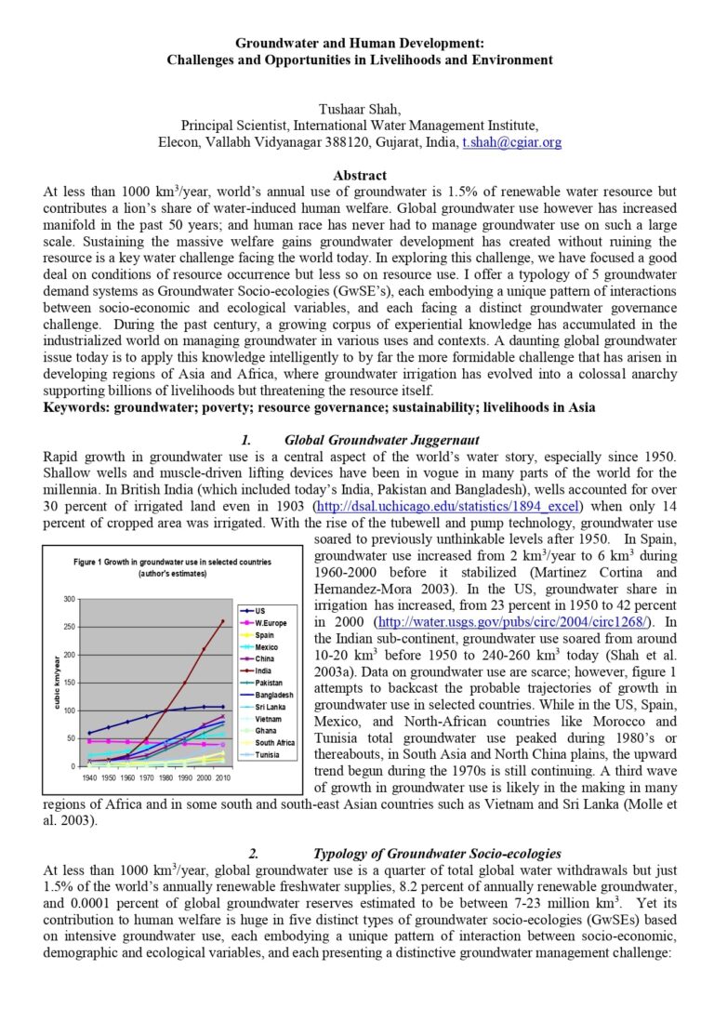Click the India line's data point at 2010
click(223, 621)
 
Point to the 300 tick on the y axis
click(69, 598)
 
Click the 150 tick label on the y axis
click(69, 683)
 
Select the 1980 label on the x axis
click(166, 776)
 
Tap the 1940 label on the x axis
click(89, 776)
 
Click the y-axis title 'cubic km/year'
click(58, 682)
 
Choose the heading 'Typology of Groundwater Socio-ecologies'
click(437, 853)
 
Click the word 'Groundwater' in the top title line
click(273, 44)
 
